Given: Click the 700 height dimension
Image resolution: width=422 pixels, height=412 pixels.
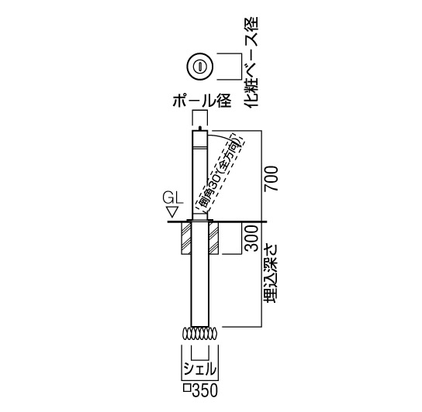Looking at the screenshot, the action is click(271, 179).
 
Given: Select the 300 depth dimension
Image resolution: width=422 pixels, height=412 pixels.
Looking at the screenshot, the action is click(252, 239).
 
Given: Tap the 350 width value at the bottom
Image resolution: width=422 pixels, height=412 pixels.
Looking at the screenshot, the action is click(205, 390).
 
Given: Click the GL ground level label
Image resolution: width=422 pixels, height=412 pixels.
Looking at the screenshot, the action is click(172, 198).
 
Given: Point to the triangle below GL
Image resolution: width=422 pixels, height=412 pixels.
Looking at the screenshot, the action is click(172, 211).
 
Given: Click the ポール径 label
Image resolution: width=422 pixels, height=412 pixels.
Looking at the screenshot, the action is click(202, 101).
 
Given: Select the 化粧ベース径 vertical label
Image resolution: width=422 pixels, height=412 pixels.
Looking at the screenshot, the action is click(251, 62).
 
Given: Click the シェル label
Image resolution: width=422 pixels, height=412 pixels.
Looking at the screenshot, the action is click(200, 369).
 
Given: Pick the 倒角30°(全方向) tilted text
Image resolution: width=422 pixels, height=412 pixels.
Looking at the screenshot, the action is click(219, 172).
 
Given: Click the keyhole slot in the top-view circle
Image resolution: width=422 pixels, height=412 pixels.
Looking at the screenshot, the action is click(200, 66).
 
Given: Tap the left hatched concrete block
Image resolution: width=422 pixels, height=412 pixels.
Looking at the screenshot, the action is click(186, 238).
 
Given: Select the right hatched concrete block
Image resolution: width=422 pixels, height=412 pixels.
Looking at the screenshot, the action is click(213, 238).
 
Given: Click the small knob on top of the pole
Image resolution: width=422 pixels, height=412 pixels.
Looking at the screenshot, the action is click(200, 129).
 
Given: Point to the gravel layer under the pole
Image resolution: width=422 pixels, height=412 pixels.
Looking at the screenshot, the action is click(200, 334).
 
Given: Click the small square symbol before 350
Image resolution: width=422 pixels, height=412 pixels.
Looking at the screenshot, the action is click(188, 388).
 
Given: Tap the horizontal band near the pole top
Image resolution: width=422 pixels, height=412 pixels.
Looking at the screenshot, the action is click(199, 148).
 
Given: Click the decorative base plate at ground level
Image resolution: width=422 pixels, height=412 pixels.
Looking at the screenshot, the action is click(199, 221).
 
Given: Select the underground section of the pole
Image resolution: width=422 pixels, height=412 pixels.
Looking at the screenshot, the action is click(199, 274).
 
